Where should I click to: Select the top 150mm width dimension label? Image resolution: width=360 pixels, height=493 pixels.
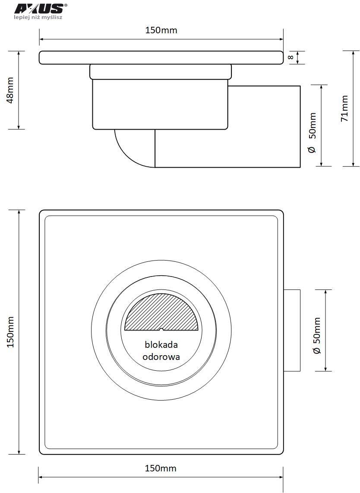[x=161, y=30]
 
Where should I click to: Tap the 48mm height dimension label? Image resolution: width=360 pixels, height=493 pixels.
[x=10, y=90]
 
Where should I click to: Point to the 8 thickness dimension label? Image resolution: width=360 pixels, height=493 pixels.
[x=291, y=57]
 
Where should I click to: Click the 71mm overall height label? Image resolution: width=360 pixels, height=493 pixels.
[x=344, y=108]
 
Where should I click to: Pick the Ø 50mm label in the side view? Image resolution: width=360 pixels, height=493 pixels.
[x=312, y=133]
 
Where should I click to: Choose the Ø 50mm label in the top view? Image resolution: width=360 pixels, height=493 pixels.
[x=317, y=335]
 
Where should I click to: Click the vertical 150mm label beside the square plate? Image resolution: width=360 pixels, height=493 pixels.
[x=10, y=331]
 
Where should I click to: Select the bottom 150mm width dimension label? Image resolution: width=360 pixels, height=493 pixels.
[x=161, y=468]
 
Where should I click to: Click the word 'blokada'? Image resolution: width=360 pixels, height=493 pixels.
[x=161, y=344]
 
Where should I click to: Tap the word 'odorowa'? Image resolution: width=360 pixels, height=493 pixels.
[x=161, y=356]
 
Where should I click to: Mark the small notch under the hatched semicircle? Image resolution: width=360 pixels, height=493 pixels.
[x=161, y=329]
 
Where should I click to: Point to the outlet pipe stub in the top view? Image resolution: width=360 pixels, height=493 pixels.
[x=292, y=331]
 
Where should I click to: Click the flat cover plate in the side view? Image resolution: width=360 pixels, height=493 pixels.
[x=161, y=57]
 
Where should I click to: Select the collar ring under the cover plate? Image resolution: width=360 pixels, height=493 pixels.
[x=161, y=72]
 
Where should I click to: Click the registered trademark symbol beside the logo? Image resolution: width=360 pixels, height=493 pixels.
[x=65, y=5]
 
